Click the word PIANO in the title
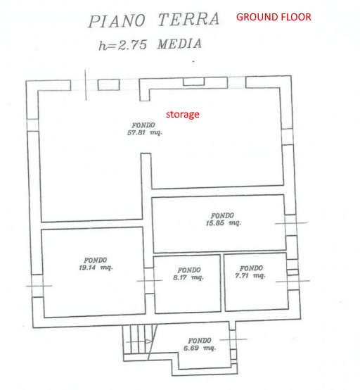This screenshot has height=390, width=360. coord(117,21)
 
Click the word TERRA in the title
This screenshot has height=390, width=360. coord(189,20)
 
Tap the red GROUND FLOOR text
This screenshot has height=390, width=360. coord(274,17)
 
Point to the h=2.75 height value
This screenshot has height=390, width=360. coord(123,45)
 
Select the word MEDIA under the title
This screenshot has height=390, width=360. coord(179,44)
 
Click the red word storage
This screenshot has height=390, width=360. coord(183,115)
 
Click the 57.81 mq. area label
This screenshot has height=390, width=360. coord(145,132)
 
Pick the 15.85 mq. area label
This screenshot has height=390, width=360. coord(223,223)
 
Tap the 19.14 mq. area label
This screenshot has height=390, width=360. coord(96,268)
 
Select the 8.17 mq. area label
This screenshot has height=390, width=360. coord(188,277)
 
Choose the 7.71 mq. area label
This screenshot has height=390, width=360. coord(250,275)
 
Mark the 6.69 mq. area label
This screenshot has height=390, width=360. coord(200,348)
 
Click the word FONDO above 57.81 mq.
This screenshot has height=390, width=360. coord(143,125)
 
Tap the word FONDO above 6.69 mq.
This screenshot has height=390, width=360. coord(200,341)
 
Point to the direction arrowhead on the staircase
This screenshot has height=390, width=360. coord(148,341)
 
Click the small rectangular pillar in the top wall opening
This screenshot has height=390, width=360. coord(108,84)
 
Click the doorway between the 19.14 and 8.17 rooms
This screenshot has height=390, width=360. coord(149,281)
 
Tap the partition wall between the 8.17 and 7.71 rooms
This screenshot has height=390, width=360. coord(222,283)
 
